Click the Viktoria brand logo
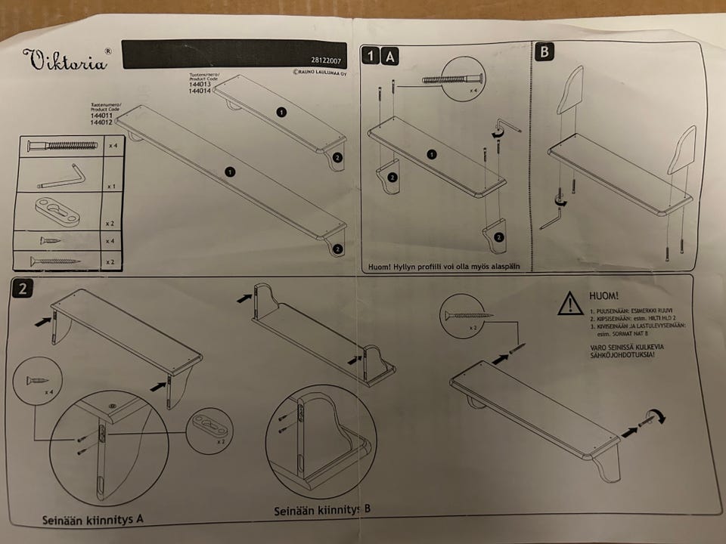click(x=67, y=60)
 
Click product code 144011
click(x=102, y=116)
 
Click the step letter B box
click(x=544, y=52)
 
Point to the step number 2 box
click(x=23, y=289)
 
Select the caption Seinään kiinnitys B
click(x=322, y=511)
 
